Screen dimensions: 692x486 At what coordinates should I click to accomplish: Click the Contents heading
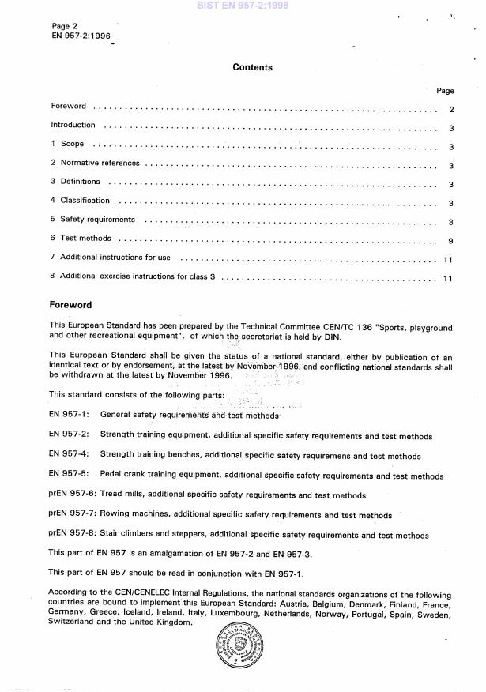click(252, 67)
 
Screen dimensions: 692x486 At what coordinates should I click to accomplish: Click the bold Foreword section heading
click(70, 304)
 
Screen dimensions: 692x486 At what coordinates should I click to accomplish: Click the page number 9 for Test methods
click(450, 238)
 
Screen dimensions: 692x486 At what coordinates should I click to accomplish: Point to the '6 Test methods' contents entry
click(81, 238)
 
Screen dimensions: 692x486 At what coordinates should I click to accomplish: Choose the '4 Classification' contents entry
click(81, 201)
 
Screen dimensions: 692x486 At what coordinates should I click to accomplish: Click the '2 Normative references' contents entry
click(95, 164)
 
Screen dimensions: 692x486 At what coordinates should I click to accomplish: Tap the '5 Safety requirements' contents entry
click(92, 220)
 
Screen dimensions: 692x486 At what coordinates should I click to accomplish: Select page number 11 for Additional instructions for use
click(447, 258)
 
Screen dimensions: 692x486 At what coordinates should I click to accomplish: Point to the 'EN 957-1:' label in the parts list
click(69, 415)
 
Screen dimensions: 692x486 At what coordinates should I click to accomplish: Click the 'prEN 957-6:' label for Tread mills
click(73, 495)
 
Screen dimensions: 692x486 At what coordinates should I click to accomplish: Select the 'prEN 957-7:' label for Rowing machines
click(73, 514)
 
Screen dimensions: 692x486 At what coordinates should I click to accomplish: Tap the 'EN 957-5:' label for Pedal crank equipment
click(69, 476)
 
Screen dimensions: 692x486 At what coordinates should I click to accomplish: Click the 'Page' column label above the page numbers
click(445, 92)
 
